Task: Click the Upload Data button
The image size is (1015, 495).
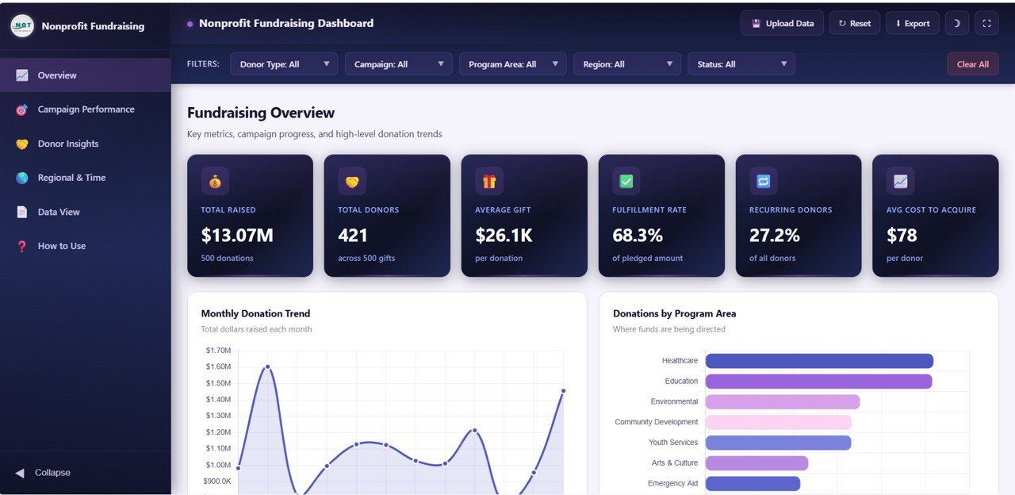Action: (x=782, y=23)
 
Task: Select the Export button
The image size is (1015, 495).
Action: (x=912, y=23)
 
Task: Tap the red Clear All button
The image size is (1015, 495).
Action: (x=972, y=64)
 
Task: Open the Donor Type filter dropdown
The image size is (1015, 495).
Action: (x=284, y=64)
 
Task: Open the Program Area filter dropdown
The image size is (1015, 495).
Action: (x=512, y=64)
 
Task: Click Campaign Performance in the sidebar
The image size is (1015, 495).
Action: (x=86, y=109)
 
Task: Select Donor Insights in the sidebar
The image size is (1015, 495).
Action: (x=68, y=144)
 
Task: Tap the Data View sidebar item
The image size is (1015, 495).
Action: (x=59, y=212)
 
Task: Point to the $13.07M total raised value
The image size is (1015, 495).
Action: (x=237, y=236)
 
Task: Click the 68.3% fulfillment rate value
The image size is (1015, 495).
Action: (x=638, y=236)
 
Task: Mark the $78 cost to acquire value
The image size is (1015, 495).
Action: (x=902, y=236)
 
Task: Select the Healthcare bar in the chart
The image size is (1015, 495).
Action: (x=819, y=361)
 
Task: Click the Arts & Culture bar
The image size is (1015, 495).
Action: (x=756, y=463)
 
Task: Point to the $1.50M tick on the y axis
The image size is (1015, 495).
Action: (x=218, y=383)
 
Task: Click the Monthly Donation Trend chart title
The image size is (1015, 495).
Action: (x=255, y=313)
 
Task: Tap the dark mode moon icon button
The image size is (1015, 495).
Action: (x=956, y=23)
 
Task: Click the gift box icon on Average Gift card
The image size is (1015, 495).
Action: (x=489, y=182)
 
